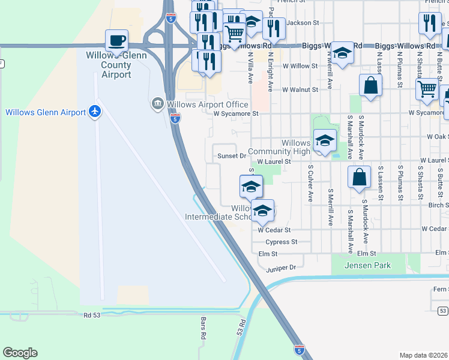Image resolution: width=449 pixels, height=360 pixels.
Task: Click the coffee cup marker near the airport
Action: point(116,41)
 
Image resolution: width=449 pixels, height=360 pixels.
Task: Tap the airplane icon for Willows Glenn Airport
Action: point(94,112)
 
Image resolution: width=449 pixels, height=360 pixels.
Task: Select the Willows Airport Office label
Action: point(207,104)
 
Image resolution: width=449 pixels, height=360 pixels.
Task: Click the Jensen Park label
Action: point(367,265)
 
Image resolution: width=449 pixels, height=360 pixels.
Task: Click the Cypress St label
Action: point(282,242)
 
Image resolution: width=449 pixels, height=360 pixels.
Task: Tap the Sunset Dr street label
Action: point(235,156)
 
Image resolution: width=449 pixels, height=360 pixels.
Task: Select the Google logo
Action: point(20,353)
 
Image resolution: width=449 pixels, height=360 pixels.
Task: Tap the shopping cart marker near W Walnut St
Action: point(427,89)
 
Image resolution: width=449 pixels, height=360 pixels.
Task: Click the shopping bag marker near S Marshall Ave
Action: point(358,178)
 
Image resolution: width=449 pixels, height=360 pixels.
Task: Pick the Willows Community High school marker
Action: point(325,142)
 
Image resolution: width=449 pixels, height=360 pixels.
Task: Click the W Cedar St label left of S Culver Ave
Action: point(274,230)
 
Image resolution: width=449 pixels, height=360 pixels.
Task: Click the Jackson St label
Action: point(302,23)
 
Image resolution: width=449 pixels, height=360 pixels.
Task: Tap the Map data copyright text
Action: point(424,355)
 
